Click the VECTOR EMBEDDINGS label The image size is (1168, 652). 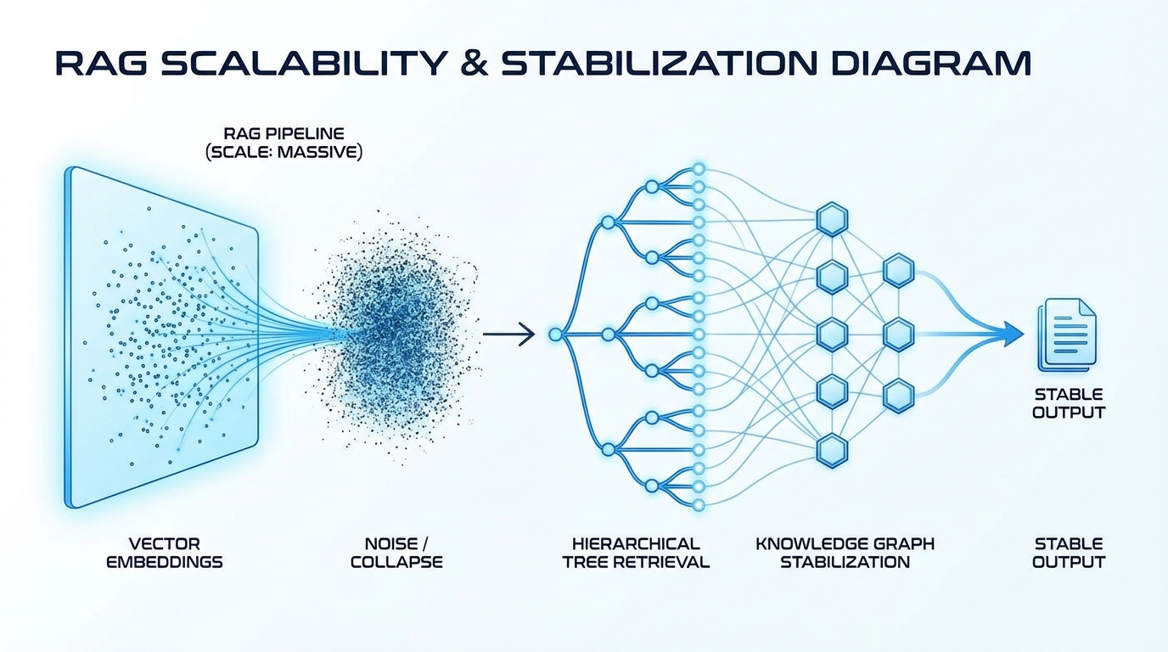coord(164,553)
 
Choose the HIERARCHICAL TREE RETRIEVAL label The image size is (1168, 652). coord(636,553)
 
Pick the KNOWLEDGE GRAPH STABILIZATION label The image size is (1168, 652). coord(845,553)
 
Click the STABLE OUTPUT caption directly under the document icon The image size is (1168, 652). coord(1069,403)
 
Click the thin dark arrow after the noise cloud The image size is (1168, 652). coord(509,335)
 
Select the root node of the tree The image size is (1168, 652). coord(556,335)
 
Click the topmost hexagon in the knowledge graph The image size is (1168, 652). coord(832,220)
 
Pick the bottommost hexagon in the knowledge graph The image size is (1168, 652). coord(832,448)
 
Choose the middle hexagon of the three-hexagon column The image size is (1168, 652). coord(897,334)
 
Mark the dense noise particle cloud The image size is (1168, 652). coord(399,335)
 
